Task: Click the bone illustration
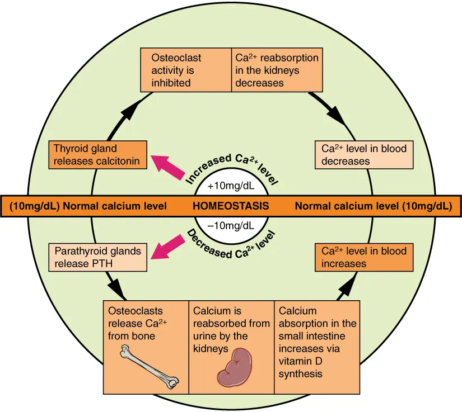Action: [x=150, y=366]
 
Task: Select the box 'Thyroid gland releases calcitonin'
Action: [x=99, y=155]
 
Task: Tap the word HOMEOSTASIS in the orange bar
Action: [x=231, y=206]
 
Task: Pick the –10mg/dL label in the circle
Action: [x=231, y=226]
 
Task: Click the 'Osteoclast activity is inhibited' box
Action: [x=185, y=70]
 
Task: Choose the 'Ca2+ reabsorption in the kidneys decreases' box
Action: [x=276, y=70]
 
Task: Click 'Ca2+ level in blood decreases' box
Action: [x=364, y=155]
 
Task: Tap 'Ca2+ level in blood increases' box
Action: [x=364, y=257]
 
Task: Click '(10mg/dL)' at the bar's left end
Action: [x=34, y=206]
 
